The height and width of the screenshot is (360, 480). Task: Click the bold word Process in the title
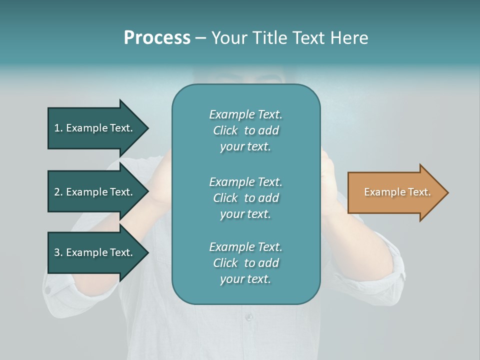pyautogui.click(x=157, y=38)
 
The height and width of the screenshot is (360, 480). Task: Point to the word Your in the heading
pyautogui.click(x=229, y=38)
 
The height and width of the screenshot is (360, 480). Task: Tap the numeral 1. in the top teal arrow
pyautogui.click(x=58, y=128)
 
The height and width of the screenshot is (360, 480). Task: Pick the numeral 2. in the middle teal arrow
pyautogui.click(x=58, y=192)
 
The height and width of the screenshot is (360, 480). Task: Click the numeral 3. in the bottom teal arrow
pyautogui.click(x=58, y=252)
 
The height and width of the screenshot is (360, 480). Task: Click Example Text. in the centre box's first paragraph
pyautogui.click(x=245, y=114)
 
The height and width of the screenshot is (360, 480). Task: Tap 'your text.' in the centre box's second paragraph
pyautogui.click(x=245, y=214)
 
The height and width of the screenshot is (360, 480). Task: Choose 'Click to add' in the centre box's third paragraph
pyautogui.click(x=245, y=263)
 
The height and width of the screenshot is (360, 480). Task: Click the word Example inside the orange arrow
pyautogui.click(x=381, y=192)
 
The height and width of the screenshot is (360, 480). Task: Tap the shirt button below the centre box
pyautogui.click(x=248, y=317)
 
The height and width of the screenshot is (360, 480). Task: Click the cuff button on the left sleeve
pyautogui.click(x=48, y=289)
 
